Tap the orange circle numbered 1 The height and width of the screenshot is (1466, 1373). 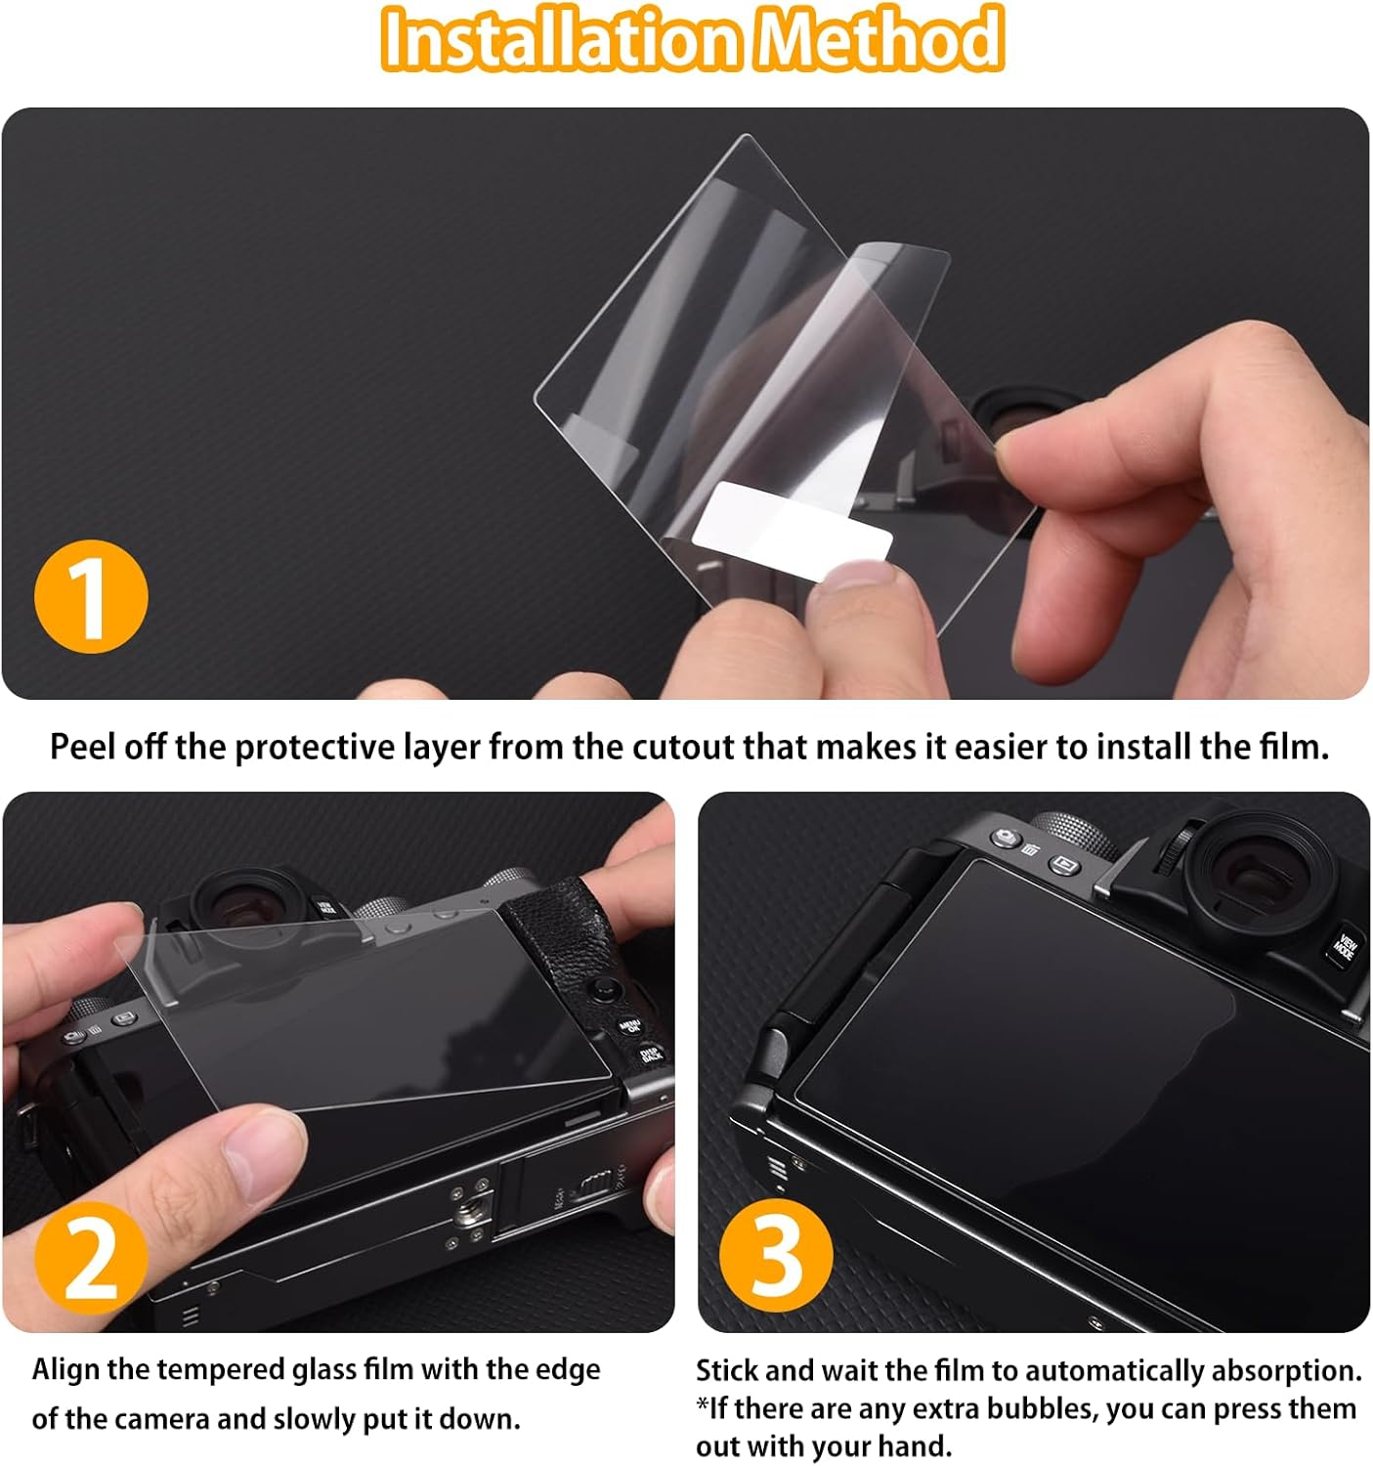[91, 596]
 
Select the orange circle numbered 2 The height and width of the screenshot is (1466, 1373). [91, 1260]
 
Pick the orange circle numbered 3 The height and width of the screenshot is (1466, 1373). [776, 1255]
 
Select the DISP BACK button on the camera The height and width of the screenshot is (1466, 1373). [651, 1054]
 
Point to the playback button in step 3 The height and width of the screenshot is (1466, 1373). [1064, 864]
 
